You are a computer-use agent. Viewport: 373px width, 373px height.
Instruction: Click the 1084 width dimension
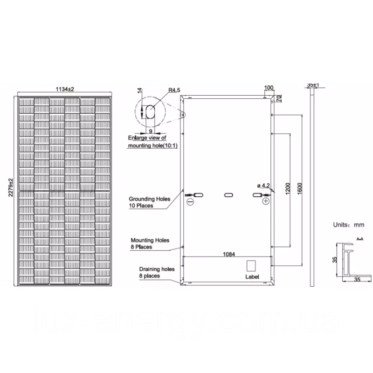(228, 254)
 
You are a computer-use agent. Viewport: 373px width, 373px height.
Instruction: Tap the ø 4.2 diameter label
(263, 186)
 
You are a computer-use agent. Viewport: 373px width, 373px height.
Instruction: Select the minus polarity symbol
(190, 202)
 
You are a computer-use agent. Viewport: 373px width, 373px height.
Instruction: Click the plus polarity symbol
(266, 201)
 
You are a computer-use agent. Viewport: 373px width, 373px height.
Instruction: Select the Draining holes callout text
(157, 272)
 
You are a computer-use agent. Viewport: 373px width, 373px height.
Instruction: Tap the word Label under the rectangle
(251, 276)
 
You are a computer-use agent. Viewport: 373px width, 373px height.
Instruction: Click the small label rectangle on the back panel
(251, 265)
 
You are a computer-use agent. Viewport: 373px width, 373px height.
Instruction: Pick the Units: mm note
(348, 224)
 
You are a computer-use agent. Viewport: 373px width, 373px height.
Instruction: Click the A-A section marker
(360, 238)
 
